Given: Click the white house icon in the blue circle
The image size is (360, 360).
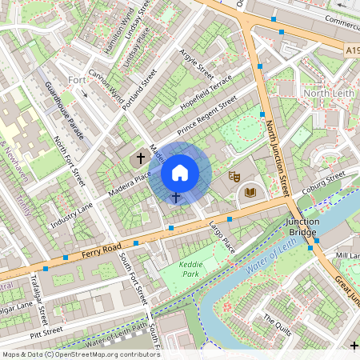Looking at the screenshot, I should [180, 172].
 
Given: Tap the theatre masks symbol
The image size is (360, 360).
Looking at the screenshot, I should [234, 175].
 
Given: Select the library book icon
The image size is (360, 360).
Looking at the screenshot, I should [250, 192].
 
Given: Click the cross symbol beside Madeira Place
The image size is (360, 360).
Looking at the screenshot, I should [142, 158].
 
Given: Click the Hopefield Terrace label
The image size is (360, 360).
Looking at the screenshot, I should [207, 93].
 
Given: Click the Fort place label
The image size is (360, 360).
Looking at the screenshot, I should [77, 80].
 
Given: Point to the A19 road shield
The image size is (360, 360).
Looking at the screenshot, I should [352, 50].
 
